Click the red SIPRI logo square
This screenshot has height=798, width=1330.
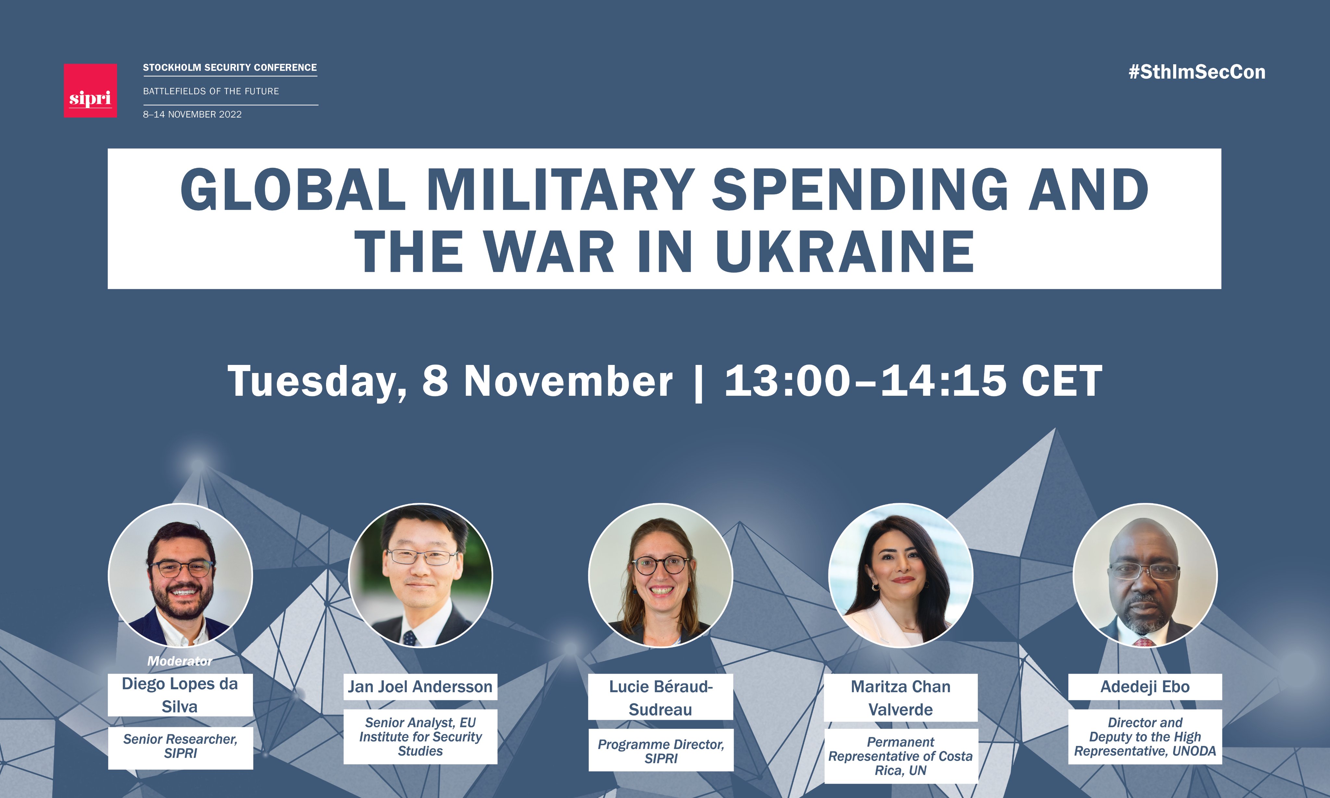pyautogui.click(x=90, y=90)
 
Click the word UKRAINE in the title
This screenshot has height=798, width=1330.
pyautogui.click(x=845, y=251)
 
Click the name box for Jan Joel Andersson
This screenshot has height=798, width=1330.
pyautogui.click(x=420, y=687)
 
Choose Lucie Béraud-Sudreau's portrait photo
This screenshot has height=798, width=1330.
pyautogui.click(x=660, y=575)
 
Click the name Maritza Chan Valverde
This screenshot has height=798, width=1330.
pyautogui.click(x=901, y=698)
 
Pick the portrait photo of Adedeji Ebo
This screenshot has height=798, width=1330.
pyautogui.click(x=1145, y=575)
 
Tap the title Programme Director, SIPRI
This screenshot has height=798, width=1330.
pyautogui.click(x=661, y=751)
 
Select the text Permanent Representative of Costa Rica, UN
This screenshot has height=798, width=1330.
pyautogui.click(x=901, y=756)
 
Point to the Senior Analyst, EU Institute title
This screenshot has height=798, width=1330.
pyautogui.click(x=420, y=737)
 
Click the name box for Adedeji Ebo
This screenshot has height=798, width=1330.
pyautogui.click(x=1145, y=687)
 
